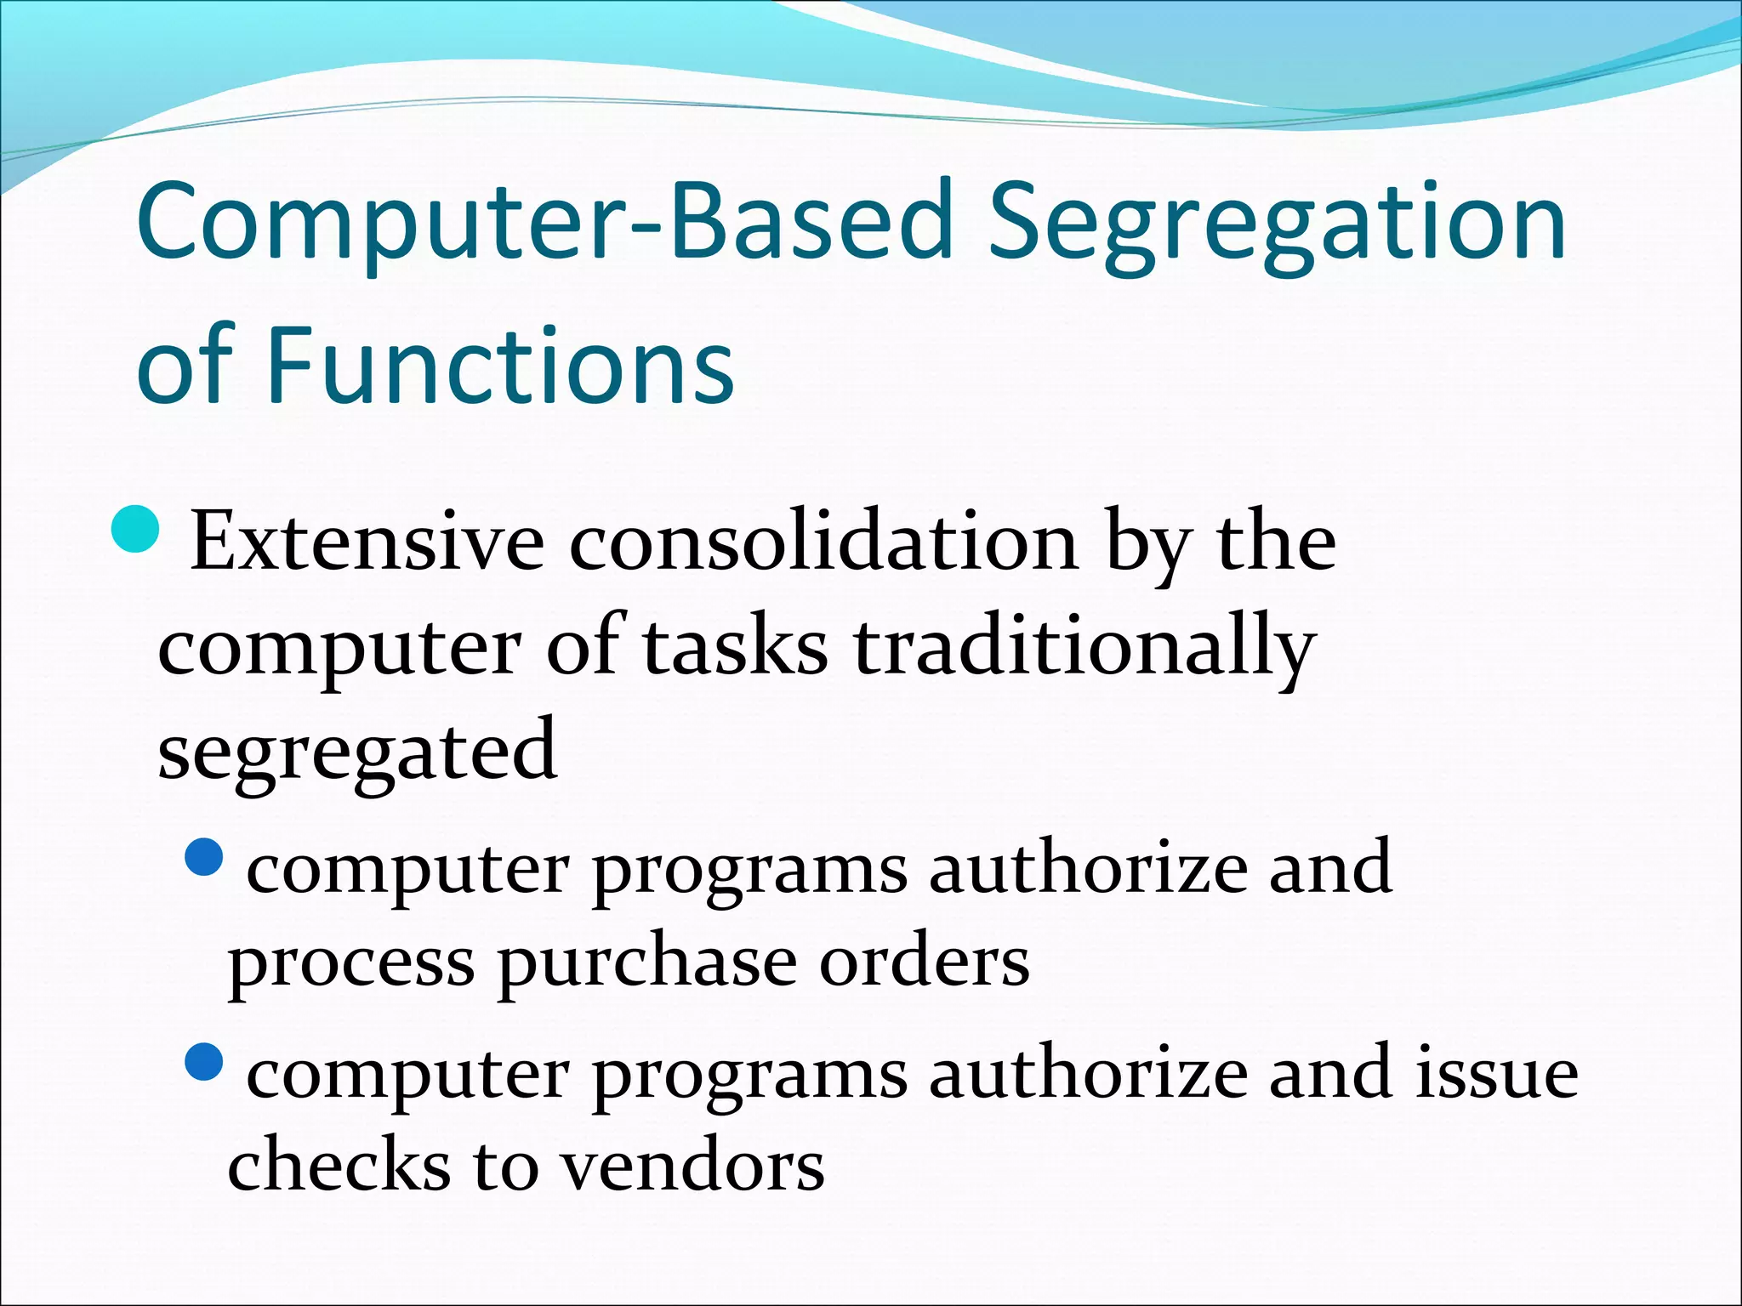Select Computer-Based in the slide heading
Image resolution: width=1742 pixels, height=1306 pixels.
(544, 223)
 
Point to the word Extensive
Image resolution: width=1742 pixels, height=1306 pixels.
(367, 542)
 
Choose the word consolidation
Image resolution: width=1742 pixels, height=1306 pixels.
(823, 542)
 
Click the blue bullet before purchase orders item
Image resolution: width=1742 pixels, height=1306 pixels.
(204, 858)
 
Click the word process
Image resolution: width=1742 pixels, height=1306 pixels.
(350, 965)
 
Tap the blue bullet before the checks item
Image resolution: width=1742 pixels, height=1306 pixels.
(204, 1061)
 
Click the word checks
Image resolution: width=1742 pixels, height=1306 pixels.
(339, 1165)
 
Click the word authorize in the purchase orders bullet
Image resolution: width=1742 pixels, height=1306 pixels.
(1088, 868)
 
